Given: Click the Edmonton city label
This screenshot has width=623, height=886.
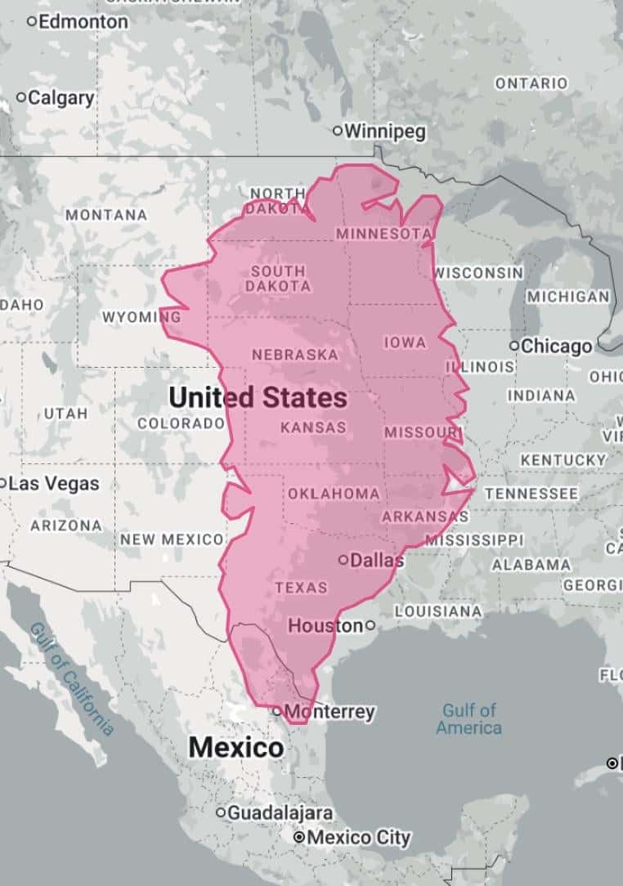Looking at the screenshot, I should (83, 22).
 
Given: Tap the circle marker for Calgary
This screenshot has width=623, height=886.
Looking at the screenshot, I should (21, 98).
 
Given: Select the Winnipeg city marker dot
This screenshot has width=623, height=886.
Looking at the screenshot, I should (337, 131).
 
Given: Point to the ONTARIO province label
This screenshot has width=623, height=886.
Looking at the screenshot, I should (531, 83).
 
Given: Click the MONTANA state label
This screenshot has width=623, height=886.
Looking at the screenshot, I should (106, 215).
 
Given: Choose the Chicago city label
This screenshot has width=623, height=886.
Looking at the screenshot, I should (557, 346).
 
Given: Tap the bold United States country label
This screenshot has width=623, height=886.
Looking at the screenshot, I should (258, 398).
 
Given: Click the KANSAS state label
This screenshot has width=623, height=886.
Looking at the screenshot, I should (313, 427).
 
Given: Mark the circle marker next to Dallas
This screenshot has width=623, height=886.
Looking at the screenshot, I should (343, 560).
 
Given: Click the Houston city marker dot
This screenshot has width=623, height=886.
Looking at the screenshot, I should (370, 625).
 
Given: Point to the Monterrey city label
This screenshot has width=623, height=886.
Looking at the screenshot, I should (330, 711).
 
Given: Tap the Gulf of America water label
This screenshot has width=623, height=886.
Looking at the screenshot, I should (468, 718).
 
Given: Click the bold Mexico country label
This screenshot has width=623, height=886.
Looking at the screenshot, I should (236, 747).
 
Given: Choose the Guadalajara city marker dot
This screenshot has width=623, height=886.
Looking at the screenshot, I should (220, 812).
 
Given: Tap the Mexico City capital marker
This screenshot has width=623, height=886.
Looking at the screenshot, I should (299, 838).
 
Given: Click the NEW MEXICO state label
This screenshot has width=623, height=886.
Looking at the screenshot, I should (172, 539).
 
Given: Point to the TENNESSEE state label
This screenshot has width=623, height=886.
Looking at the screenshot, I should (531, 494).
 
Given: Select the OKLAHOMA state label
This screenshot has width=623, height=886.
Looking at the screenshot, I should (334, 494).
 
